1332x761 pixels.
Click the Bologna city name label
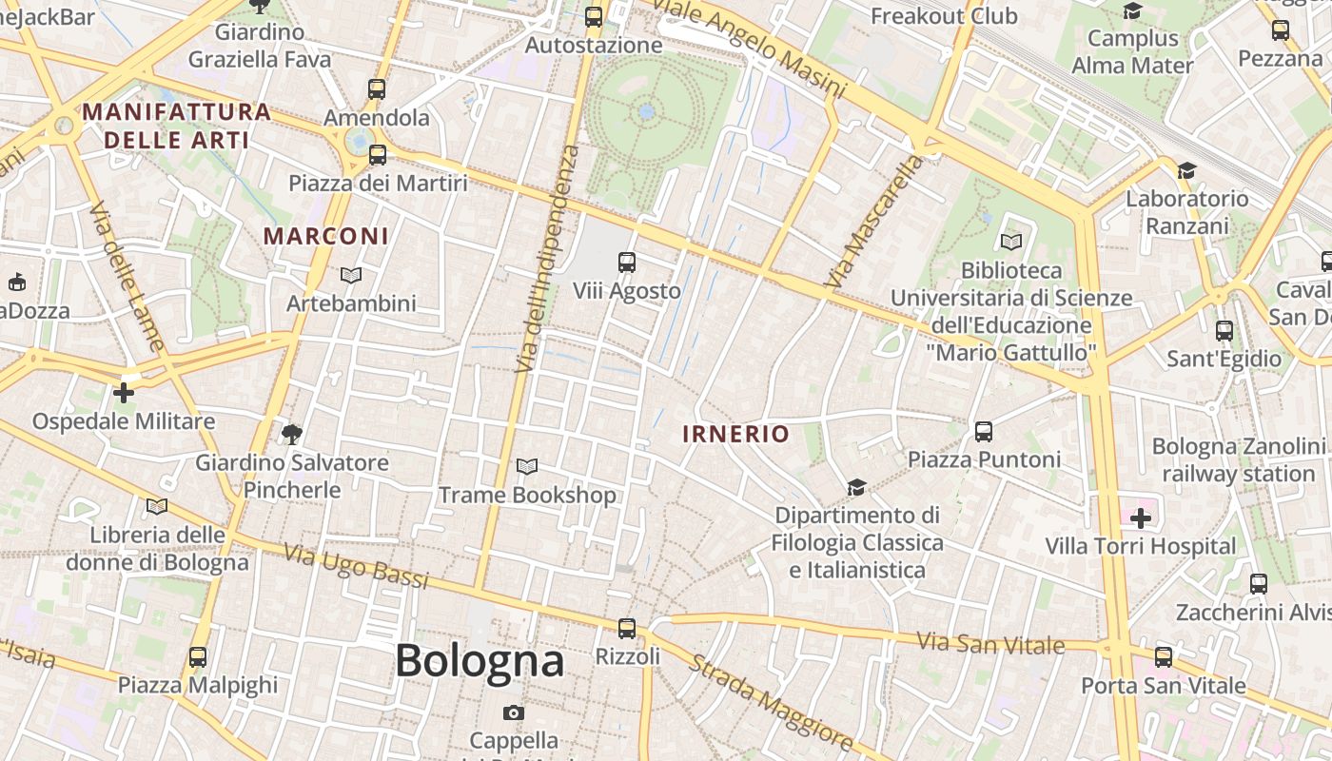pyautogui.click(x=480, y=660)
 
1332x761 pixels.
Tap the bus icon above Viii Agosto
pyautogui.click(x=627, y=262)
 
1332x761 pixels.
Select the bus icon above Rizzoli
pyautogui.click(x=627, y=628)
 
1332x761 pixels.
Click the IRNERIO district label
pyautogui.click(x=736, y=435)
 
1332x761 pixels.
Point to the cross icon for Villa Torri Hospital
pyautogui.click(x=1140, y=518)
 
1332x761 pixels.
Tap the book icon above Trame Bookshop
pyautogui.click(x=527, y=466)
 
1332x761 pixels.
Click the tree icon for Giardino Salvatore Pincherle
pyautogui.click(x=292, y=435)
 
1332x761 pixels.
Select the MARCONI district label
pyautogui.click(x=326, y=236)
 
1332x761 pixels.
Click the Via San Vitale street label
pyautogui.click(x=990, y=643)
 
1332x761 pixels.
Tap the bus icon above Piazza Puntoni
pyautogui.click(x=984, y=432)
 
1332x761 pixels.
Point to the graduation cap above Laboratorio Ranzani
pyautogui.click(x=1185, y=171)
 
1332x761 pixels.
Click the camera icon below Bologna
pyautogui.click(x=514, y=712)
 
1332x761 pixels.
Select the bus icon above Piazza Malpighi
pyautogui.click(x=198, y=656)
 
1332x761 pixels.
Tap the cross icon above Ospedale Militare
pyautogui.click(x=124, y=392)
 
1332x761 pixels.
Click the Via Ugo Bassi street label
pyautogui.click(x=357, y=566)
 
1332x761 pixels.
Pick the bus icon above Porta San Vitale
pyautogui.click(x=1163, y=657)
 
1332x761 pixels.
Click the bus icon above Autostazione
pyautogui.click(x=594, y=16)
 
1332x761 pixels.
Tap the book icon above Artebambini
pyautogui.click(x=351, y=276)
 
